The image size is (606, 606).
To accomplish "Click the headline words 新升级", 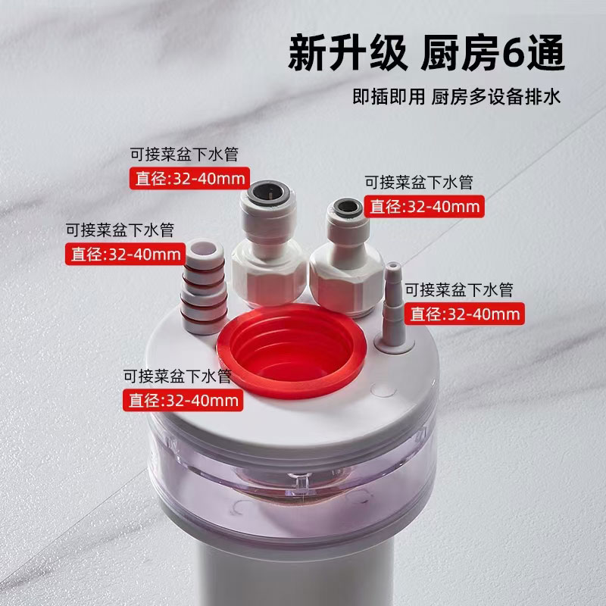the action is point(348,53).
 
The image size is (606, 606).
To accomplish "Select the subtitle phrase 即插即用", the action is point(389,97).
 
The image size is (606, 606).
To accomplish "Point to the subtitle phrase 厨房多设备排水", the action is point(496,97).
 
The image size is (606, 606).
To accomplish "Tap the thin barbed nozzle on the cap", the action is point(394,305).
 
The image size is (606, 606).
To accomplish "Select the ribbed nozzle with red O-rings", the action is point(204,286).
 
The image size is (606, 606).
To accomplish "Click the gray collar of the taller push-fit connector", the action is point(266,192).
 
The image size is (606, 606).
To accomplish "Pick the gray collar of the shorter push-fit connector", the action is point(347,208).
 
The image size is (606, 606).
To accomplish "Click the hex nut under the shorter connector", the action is point(346,284).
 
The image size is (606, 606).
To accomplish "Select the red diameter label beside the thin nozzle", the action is point(464,314).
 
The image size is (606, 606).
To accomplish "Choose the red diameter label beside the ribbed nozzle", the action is point(125,254).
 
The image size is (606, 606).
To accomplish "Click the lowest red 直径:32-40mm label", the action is point(183,400).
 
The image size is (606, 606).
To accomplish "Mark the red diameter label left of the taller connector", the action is point(189,178).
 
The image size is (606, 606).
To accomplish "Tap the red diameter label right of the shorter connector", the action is point(424,206).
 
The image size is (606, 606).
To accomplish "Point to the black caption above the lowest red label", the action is point(177,376).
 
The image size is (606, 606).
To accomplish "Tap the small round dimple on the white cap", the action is point(383,390).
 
